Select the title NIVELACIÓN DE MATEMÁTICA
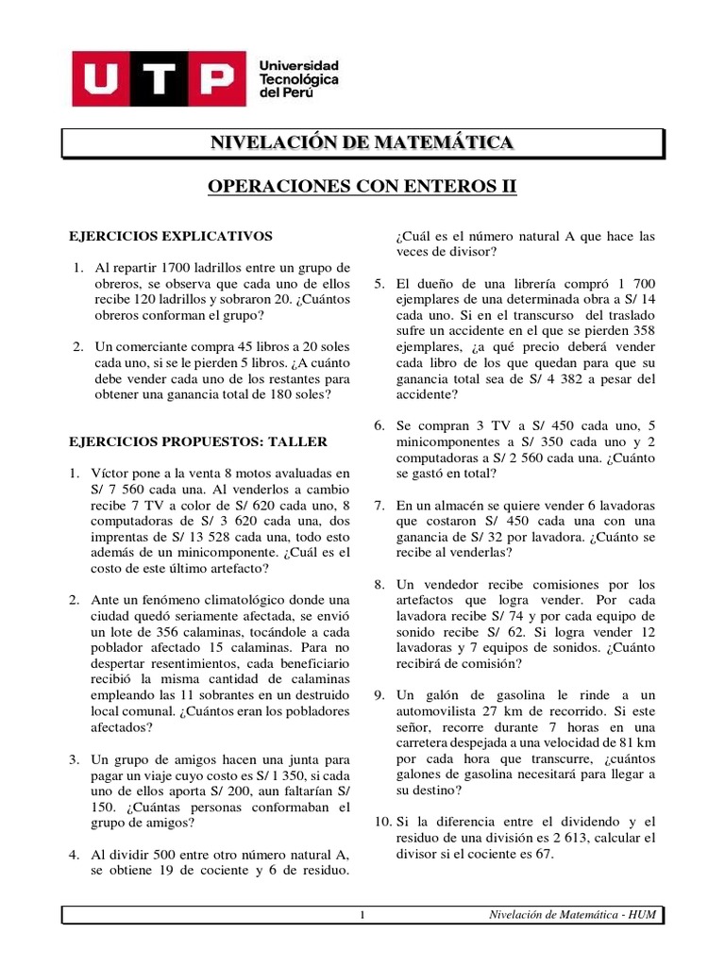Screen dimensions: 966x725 click(x=362, y=143)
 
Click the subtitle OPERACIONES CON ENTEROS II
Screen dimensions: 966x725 click(x=362, y=188)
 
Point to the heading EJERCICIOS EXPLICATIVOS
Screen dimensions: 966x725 click(x=172, y=235)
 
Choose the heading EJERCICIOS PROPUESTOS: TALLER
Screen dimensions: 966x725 click(x=199, y=441)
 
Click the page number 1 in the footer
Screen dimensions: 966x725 click(x=362, y=915)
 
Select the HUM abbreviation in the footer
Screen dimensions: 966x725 click(x=641, y=915)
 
